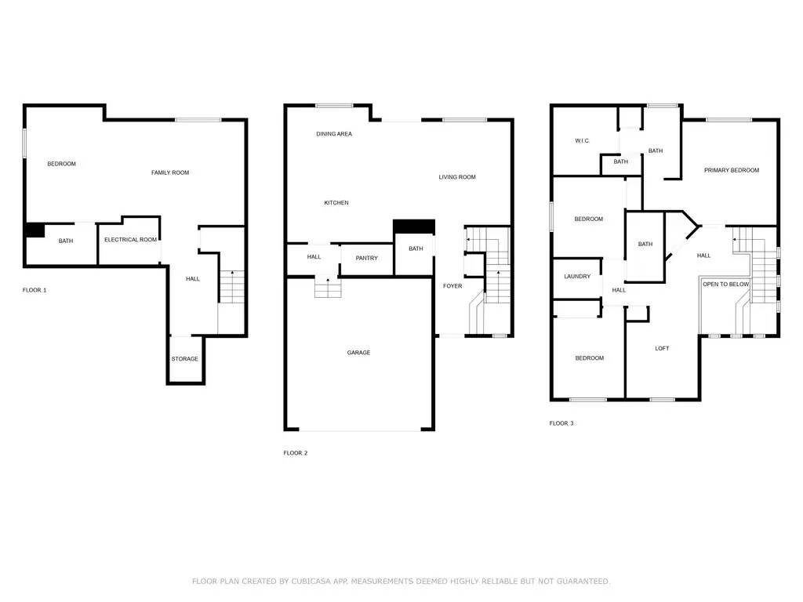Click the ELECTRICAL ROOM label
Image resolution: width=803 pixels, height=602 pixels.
131,240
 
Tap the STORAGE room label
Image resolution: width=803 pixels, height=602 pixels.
185,359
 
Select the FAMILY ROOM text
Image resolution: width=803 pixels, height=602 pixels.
170,172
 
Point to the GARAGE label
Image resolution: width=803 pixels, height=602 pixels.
358,353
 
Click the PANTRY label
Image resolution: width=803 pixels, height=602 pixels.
367,258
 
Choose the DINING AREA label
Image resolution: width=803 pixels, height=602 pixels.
334,134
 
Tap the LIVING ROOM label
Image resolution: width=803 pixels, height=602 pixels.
457,177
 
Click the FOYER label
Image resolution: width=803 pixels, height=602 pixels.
452,286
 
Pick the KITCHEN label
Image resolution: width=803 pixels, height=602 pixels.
336,203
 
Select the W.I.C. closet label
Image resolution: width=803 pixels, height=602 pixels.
583,141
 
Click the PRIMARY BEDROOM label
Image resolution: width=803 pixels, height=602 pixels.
732,170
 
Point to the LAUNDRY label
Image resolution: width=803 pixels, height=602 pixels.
577,277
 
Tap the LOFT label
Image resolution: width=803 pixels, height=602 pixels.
662,349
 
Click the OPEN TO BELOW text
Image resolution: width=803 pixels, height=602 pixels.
725,284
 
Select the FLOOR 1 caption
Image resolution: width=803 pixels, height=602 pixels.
35,290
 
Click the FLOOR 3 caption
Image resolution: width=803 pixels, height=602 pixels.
561,423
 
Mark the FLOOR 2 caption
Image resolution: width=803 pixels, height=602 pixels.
296,453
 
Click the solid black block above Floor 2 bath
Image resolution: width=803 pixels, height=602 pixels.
414,227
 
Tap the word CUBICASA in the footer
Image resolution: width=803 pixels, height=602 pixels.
311,582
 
